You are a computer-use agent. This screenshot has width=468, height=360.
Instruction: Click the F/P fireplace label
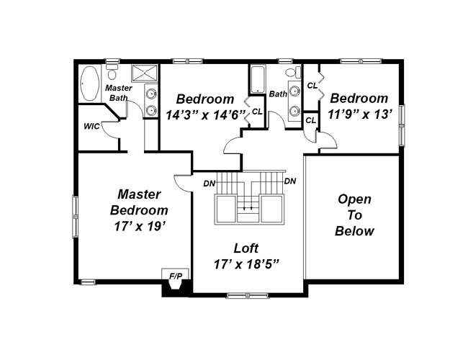[175, 276]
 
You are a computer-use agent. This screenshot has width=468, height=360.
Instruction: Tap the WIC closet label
[91, 126]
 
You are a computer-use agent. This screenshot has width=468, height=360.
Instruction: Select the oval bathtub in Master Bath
[90, 83]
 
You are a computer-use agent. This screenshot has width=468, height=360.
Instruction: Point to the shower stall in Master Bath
[145, 73]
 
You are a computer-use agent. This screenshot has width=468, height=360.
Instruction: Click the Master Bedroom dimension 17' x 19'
[140, 227]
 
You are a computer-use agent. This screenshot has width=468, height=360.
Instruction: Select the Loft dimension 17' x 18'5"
[246, 264]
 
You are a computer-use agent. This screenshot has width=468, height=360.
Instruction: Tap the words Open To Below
[354, 215]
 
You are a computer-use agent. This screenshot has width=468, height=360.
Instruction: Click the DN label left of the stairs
[210, 184]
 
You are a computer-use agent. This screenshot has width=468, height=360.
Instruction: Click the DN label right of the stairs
[290, 181]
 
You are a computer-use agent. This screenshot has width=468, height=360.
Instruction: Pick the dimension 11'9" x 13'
[359, 114]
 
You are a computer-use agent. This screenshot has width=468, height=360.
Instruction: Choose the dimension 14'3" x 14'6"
[206, 114]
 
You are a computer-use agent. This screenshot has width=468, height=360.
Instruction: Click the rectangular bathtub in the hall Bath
[257, 79]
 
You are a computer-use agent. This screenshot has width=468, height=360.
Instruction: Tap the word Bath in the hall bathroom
[278, 94]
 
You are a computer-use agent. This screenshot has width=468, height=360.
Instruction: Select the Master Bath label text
[119, 93]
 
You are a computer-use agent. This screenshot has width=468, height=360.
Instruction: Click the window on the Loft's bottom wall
[248, 295]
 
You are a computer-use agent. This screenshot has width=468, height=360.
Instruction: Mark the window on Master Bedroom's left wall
[76, 217]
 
